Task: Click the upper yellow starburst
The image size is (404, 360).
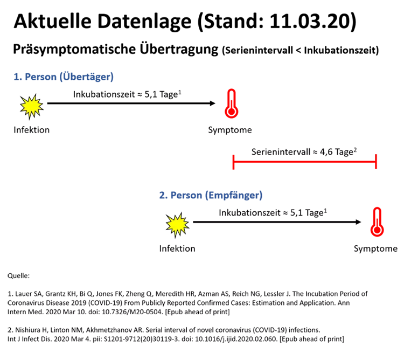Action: point(31,106)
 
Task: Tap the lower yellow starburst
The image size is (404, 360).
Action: point(177,224)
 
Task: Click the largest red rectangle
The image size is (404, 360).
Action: point(312,103)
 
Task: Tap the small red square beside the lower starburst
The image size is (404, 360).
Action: point(386,219)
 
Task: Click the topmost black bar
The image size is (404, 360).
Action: point(206,23)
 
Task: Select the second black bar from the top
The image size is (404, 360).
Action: point(206,50)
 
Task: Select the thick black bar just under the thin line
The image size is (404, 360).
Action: point(203,302)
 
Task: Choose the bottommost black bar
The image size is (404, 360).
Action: point(203,334)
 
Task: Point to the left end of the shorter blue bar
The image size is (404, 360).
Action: point(159,196)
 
